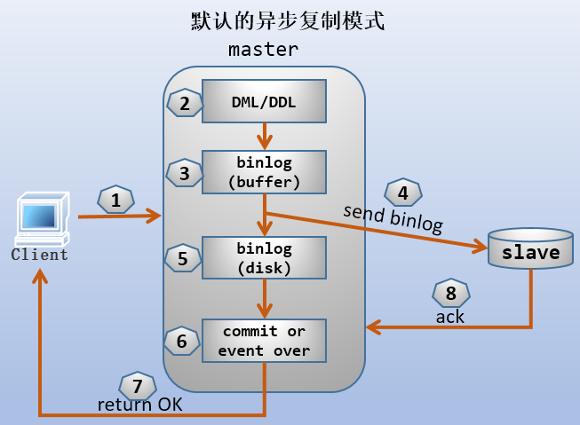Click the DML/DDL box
pos(264,102)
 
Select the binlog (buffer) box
pos(264,172)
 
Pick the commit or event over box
pos(264,340)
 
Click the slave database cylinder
pos(531,250)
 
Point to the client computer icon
pos(40,221)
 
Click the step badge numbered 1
pos(115,201)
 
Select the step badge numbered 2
pos(184,103)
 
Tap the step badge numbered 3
pos(184,173)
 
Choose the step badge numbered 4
pos(402,193)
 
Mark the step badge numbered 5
pos(182,258)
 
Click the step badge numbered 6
pos(182,340)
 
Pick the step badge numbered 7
pos(137,386)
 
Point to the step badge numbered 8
pos(450,294)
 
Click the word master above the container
pos(263,50)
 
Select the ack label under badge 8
pos(449,317)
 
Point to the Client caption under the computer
pos(39,256)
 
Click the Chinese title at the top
pos(288,21)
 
